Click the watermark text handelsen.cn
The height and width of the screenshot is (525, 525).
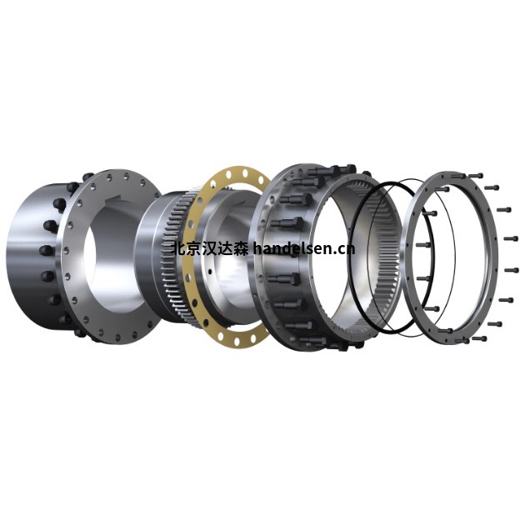304,248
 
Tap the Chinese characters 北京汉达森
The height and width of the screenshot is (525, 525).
210,249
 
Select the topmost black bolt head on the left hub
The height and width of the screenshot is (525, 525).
87,176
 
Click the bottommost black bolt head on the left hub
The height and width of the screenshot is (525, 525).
79,332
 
